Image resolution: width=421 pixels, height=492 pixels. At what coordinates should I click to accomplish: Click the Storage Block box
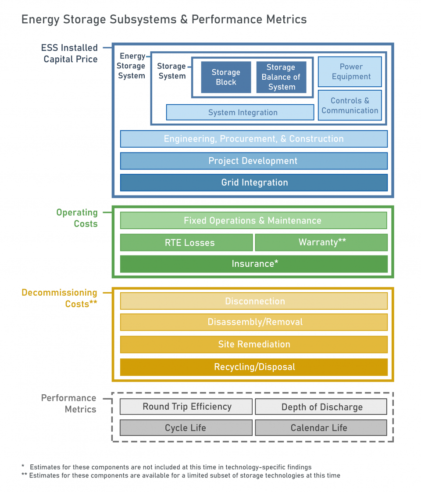(226, 77)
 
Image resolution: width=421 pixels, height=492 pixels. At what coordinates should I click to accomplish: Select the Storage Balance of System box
(281, 77)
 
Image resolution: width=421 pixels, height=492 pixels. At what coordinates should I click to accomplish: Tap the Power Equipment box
(350, 72)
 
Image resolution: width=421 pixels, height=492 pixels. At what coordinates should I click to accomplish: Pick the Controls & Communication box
(350, 106)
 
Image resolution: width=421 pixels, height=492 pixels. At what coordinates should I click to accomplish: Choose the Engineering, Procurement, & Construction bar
(253, 139)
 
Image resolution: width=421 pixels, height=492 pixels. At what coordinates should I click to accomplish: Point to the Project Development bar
(253, 161)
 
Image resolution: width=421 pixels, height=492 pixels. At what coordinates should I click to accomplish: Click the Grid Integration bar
(253, 183)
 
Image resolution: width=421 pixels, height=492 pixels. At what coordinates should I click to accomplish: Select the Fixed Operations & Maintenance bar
(253, 220)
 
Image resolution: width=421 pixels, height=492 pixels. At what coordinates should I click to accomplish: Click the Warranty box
(321, 242)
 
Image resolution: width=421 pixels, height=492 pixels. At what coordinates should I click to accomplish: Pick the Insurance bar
(253, 264)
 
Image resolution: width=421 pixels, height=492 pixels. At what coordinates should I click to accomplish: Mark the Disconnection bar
(253, 301)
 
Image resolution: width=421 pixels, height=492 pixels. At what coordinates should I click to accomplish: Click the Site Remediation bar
(253, 344)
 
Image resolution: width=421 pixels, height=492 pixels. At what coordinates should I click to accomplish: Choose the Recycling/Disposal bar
(253, 367)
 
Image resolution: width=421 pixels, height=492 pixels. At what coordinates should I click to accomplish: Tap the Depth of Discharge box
(321, 407)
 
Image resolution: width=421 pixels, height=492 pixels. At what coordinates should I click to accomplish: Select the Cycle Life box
(186, 428)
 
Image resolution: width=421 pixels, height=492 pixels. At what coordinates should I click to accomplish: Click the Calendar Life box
(321, 428)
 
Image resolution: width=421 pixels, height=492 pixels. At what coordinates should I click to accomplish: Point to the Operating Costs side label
(77, 218)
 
